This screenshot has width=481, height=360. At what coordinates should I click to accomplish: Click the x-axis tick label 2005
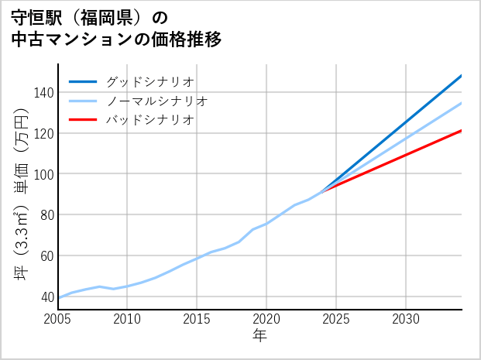(x=58, y=319)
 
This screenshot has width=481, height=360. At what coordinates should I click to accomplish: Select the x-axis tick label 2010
(x=128, y=319)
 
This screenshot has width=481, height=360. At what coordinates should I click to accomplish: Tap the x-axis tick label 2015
(x=198, y=319)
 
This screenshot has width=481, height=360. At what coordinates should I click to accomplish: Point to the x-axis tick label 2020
(x=266, y=319)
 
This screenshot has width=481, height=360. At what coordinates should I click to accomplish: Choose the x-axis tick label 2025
(x=336, y=319)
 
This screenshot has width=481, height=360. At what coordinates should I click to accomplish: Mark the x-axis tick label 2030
(x=406, y=319)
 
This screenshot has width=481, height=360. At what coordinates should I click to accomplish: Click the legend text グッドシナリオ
(x=150, y=81)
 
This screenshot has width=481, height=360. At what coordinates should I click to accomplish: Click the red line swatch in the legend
(x=84, y=120)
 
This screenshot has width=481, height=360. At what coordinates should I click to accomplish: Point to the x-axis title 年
(x=260, y=336)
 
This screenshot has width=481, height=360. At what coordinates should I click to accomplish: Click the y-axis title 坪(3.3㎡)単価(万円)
(x=21, y=187)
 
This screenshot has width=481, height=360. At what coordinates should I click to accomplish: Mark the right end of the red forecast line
(x=462, y=131)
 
